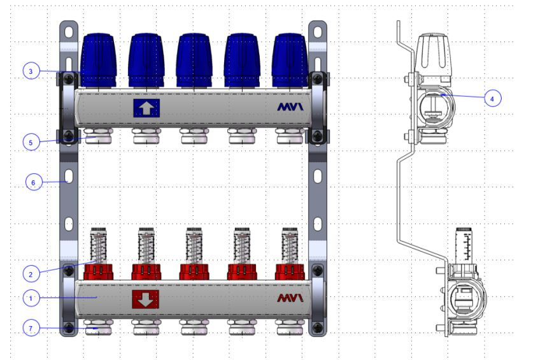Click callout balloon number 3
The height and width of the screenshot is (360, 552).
(x=31, y=71)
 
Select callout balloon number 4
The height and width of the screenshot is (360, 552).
(x=493, y=99)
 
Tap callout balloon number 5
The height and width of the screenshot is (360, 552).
(x=31, y=143)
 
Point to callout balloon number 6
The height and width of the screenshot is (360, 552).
(x=34, y=182)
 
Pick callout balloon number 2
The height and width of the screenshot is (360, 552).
(x=31, y=274)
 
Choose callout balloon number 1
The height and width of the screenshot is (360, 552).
(x=31, y=298)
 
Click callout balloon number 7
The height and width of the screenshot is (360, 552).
(x=31, y=328)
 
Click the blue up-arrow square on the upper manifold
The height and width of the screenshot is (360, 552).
(x=146, y=108)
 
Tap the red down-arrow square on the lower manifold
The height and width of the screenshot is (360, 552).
(x=145, y=299)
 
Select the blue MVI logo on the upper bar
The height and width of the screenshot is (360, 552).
(x=290, y=106)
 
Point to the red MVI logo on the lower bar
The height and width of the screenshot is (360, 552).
(x=290, y=298)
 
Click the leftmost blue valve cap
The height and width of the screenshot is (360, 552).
(x=99, y=61)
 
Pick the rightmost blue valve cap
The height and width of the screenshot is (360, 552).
(x=290, y=61)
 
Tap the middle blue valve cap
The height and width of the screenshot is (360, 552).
(x=194, y=61)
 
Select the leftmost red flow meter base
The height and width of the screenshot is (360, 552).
(x=99, y=272)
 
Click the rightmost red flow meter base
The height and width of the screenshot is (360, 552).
(x=290, y=272)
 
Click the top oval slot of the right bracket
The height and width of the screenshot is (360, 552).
(x=318, y=32)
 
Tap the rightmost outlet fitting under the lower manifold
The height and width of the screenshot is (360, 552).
(x=290, y=328)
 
